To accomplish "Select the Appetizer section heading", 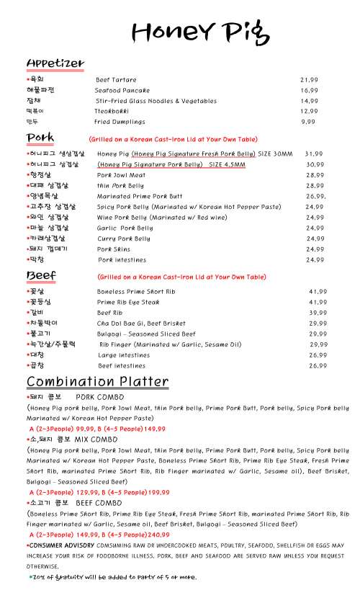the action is [x=55, y=63].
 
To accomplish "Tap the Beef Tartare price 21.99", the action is [x=309, y=79].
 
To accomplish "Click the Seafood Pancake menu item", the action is [x=122, y=90].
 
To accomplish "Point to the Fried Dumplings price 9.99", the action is [x=308, y=122].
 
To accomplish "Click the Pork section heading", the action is [x=40, y=138].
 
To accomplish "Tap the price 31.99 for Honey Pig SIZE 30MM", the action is [x=313, y=153].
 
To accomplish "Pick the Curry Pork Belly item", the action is [x=124, y=238].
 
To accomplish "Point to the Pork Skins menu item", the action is [x=114, y=249].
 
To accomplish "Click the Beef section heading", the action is [x=42, y=276].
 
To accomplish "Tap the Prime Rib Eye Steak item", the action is [x=128, y=302].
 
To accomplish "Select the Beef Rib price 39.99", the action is [x=318, y=313].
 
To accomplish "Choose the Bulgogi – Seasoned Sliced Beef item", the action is [x=146, y=334].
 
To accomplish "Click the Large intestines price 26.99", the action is [x=318, y=355].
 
